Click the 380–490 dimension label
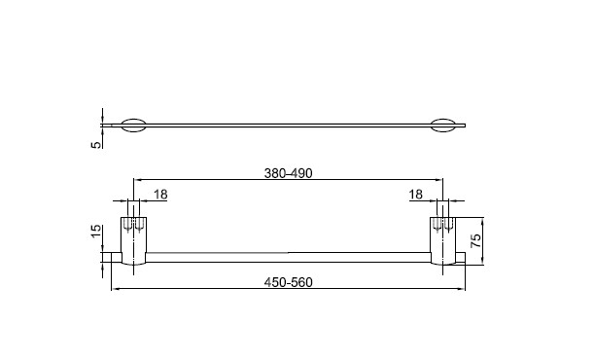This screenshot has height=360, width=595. coord(288,173)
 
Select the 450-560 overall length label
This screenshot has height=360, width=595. coord(288,282)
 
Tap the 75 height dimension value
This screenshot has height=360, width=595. coord(475,240)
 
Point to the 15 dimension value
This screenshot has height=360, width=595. coord(96,232)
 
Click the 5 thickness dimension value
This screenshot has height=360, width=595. coord(97,144)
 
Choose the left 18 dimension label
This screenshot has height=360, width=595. coord(160,195)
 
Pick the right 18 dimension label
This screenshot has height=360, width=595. coord(415,195)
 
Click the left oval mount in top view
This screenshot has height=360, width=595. coord(133,126)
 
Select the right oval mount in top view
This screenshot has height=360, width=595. coord(442,126)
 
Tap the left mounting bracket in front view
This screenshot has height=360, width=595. coord(133,240)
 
